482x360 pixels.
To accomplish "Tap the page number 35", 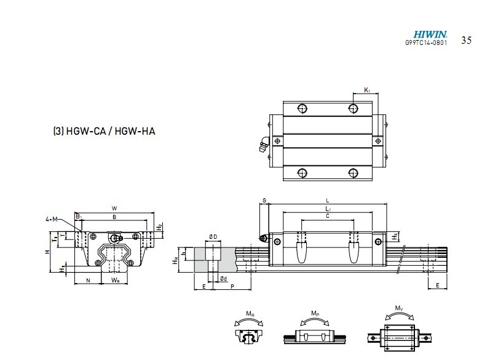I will (x=466, y=41).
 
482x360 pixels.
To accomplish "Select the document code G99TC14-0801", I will (x=426, y=43).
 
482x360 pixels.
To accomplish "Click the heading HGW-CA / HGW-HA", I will (x=103, y=131).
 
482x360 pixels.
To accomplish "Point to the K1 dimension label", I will (x=367, y=90).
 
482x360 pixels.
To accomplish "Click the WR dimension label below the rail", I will (x=115, y=281).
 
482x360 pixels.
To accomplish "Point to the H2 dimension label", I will (x=159, y=226).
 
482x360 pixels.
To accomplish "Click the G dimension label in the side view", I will (x=264, y=201).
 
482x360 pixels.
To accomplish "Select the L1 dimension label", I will (x=327, y=209).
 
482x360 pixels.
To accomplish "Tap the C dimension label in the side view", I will (x=327, y=216).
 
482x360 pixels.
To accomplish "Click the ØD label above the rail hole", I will (x=212, y=237).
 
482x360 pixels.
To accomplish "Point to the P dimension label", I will (x=232, y=286).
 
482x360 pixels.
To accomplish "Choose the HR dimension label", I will (x=176, y=260).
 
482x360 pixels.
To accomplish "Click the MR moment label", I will (x=250, y=315).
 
